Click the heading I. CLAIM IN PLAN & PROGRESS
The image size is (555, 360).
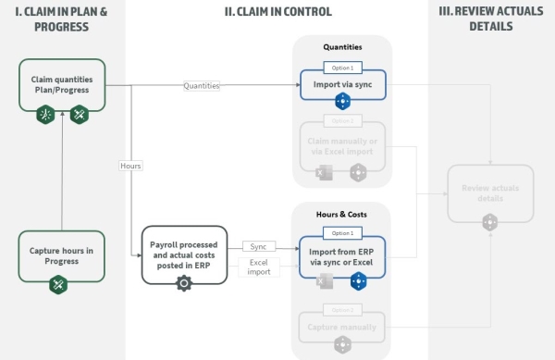(61, 19)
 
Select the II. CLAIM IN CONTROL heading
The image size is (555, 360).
(277, 11)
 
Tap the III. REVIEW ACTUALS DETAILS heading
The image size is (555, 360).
(490, 19)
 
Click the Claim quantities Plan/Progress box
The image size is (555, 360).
(61, 85)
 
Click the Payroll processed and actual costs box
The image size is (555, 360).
(182, 253)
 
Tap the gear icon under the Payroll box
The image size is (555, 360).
(182, 283)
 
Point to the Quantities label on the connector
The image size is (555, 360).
(202, 86)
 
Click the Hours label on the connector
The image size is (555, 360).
(130, 166)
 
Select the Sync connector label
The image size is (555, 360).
(259, 246)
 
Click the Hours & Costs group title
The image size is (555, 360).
(342, 214)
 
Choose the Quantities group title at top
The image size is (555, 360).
(342, 46)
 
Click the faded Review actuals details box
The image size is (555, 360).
(490, 192)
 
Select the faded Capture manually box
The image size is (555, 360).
(342, 326)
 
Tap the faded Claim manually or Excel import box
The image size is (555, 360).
(342, 145)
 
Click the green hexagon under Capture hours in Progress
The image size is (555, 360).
(61, 285)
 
